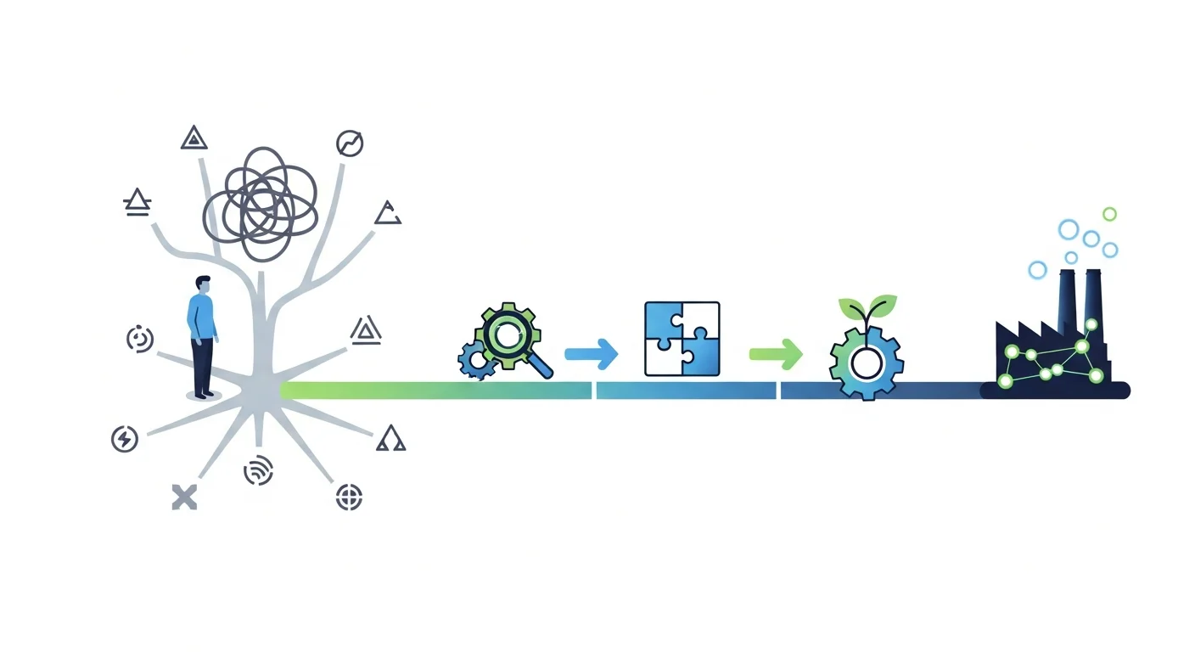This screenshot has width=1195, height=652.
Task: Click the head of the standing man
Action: click(203, 284)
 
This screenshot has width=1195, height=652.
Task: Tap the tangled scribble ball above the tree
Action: click(260, 203)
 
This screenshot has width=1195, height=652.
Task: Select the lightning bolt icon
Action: click(125, 439)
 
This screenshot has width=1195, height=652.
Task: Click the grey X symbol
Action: click(184, 497)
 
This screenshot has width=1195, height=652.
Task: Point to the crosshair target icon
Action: click(349, 497)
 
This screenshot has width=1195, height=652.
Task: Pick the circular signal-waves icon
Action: click(258, 470)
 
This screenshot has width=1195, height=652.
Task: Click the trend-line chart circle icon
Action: click(349, 143)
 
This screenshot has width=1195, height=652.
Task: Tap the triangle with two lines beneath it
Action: click(137, 202)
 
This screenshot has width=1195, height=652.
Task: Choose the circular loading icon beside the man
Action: click(140, 339)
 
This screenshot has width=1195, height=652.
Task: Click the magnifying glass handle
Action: click(538, 365)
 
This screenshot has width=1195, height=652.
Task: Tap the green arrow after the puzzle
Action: click(776, 353)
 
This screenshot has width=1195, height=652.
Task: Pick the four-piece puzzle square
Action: click(682, 339)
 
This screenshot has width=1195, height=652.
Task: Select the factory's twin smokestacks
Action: click(1080, 301)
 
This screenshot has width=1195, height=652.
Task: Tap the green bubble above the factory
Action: click(1109, 214)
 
